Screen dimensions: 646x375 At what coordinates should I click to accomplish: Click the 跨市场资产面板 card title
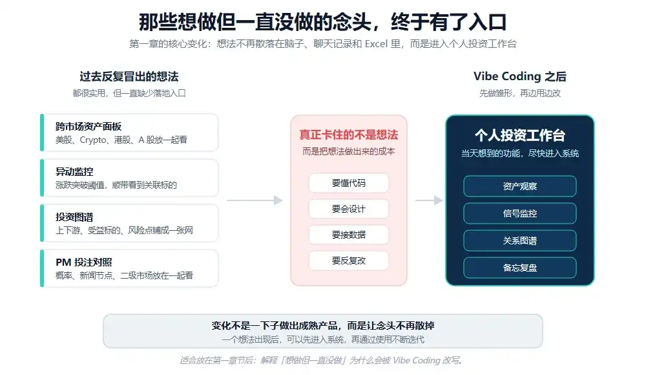tap(89, 126)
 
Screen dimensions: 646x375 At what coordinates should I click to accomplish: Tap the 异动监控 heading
tap(74, 171)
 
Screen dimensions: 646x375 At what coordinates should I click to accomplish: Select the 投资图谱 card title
tap(74, 217)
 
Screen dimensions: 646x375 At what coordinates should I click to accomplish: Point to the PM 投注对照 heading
tap(84, 262)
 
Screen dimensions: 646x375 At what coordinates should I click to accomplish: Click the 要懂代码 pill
tap(349, 183)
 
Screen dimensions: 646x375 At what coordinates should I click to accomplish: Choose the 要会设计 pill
tap(349, 209)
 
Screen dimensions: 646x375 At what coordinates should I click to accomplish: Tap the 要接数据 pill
tap(349, 235)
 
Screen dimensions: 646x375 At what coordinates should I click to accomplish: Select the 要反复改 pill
tap(349, 261)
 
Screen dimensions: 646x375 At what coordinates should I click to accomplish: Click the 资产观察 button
tap(520, 186)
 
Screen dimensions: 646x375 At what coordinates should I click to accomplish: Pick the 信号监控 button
tap(520, 214)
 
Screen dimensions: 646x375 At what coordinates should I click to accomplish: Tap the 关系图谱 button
tap(520, 241)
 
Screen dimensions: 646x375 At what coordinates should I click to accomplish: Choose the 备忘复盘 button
tap(520, 268)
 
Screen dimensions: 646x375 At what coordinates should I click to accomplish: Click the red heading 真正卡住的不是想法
tap(349, 134)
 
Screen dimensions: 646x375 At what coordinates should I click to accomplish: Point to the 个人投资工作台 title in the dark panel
tap(520, 135)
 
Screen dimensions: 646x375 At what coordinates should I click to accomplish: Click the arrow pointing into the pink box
tap(255, 200)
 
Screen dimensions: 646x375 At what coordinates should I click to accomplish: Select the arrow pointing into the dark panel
tap(429, 200)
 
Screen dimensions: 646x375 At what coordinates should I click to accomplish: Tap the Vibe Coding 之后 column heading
tap(520, 76)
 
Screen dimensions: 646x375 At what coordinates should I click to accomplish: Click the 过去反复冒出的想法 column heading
tap(129, 76)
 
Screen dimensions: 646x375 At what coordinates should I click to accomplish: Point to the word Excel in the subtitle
tap(376, 44)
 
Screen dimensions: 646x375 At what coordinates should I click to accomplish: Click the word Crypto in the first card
tap(93, 140)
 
